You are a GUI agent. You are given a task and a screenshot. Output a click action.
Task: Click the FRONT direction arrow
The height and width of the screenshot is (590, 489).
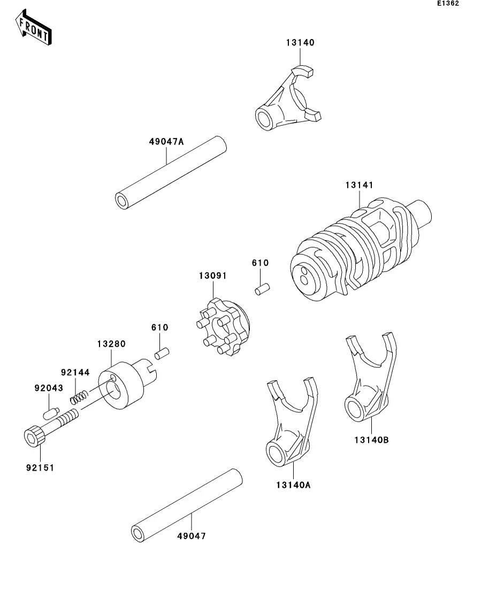[34, 28]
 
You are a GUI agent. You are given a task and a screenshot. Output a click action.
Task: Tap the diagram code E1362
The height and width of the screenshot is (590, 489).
[448, 3]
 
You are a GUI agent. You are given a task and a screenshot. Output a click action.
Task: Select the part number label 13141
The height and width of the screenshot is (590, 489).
[360, 185]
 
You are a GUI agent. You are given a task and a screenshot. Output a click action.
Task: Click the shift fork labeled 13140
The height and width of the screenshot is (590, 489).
[288, 98]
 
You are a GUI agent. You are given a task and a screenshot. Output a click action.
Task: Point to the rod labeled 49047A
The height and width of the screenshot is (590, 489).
[171, 173]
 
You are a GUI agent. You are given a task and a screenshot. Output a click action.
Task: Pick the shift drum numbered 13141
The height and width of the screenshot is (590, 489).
[361, 249]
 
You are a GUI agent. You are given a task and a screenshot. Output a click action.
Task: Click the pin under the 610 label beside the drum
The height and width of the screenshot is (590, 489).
[262, 289]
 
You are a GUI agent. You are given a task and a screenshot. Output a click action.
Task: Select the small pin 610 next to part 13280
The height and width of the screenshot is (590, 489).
[162, 354]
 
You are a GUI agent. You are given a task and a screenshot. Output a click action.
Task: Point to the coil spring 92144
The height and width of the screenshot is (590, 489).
[79, 397]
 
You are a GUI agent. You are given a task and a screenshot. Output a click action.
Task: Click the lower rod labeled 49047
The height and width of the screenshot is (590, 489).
[187, 505]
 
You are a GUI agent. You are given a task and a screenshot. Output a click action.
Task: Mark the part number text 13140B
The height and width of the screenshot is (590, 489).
[371, 440]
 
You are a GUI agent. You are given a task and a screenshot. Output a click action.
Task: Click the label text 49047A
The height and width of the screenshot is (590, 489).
[166, 142]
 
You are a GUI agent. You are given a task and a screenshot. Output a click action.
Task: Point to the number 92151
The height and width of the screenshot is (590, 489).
[40, 468]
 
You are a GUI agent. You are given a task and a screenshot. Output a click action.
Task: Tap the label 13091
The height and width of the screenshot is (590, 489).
[213, 276]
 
